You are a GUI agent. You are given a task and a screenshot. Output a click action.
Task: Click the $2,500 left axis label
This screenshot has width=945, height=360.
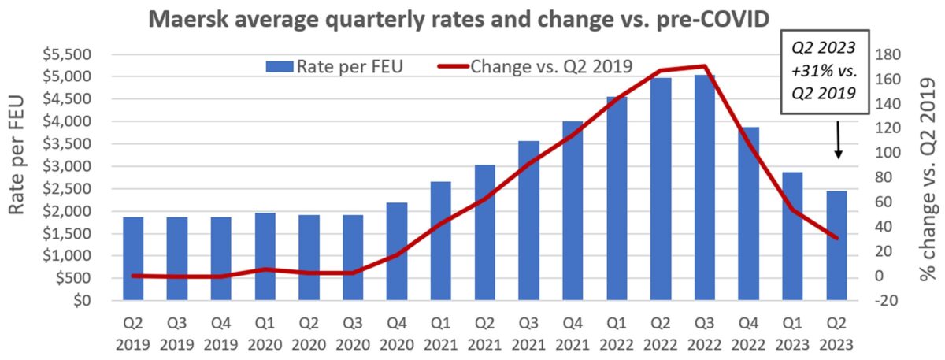[x=69, y=189]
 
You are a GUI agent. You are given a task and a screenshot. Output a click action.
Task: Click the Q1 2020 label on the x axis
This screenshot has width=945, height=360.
[x=265, y=335]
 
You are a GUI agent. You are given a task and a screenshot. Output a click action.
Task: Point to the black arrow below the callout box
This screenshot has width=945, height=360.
[x=838, y=142]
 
